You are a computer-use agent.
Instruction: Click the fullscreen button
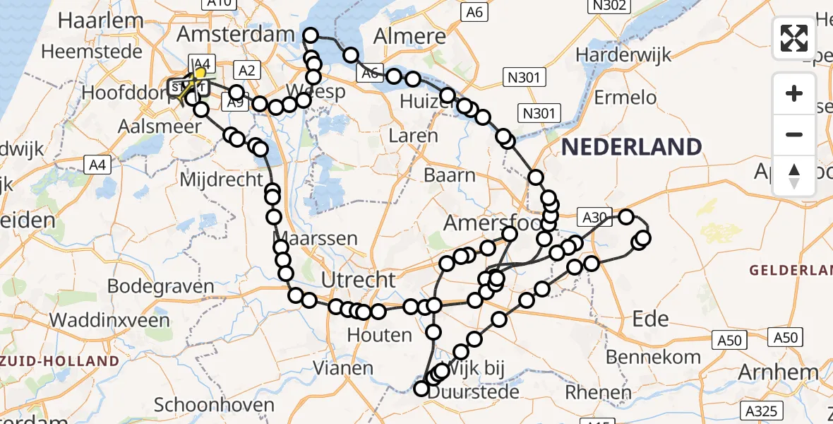[x=794, y=37]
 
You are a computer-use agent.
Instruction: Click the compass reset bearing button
[x=794, y=175]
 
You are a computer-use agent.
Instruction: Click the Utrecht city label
[x=359, y=280]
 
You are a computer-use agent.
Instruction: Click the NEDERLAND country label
[x=632, y=147]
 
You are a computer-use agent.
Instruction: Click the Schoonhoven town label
[x=214, y=405]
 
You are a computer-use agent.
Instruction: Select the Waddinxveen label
[x=110, y=319]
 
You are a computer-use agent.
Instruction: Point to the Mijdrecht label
[x=222, y=179]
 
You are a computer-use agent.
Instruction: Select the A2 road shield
[x=246, y=70]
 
